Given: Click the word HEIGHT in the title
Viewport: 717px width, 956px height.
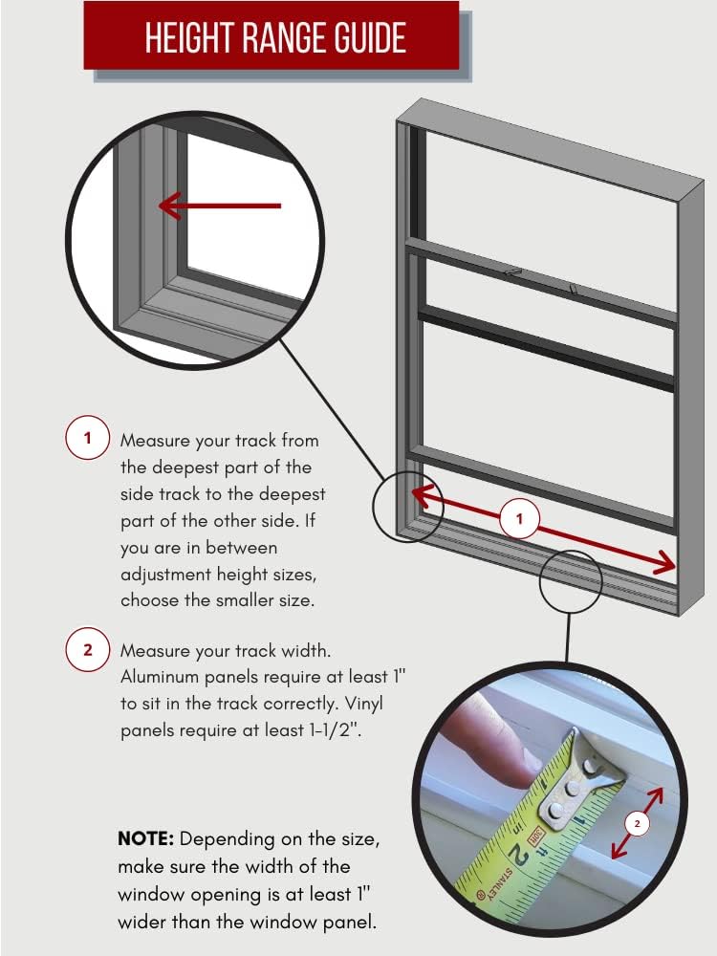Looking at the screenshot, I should click(x=185, y=38).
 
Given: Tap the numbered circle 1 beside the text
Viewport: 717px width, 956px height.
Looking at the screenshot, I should click(x=87, y=439).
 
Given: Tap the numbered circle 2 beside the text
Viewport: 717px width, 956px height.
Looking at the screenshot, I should click(x=87, y=650).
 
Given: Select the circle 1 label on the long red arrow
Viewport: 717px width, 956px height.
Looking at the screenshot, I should click(x=520, y=520).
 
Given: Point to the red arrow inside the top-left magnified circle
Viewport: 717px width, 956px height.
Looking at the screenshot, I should click(x=220, y=205).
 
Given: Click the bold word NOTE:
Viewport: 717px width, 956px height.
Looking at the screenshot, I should click(x=145, y=839).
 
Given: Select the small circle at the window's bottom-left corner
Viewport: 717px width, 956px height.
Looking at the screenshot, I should click(x=407, y=507).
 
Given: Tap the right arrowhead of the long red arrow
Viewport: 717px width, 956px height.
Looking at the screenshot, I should click(x=666, y=566).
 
